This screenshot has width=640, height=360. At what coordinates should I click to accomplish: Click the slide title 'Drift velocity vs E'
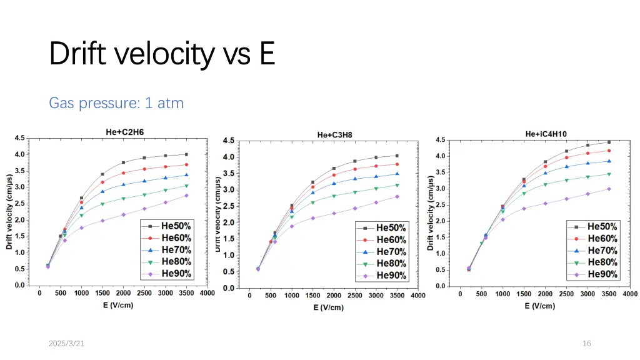point(162,53)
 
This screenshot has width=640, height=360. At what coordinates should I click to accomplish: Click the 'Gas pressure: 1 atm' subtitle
point(116,102)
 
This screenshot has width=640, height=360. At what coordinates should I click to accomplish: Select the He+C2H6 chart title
point(124,131)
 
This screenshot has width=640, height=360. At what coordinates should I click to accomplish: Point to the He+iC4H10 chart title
point(546,133)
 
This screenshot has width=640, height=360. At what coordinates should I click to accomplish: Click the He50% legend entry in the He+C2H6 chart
point(169,226)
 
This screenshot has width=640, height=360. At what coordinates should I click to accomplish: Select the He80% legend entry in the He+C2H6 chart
point(169,261)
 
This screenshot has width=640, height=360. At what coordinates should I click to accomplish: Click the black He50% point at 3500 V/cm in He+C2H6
point(186,154)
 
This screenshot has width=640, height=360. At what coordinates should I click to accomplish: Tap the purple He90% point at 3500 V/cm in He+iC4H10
point(609,189)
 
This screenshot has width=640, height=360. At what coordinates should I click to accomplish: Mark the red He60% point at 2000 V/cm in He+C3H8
point(334,175)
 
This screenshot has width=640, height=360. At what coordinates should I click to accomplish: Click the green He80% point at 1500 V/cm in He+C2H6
point(102,204)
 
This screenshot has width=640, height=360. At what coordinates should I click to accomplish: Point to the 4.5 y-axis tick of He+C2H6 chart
point(20,138)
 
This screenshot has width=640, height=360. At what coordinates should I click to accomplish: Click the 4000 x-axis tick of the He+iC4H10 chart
point(629,295)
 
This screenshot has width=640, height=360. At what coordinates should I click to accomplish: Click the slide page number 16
point(586,343)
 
